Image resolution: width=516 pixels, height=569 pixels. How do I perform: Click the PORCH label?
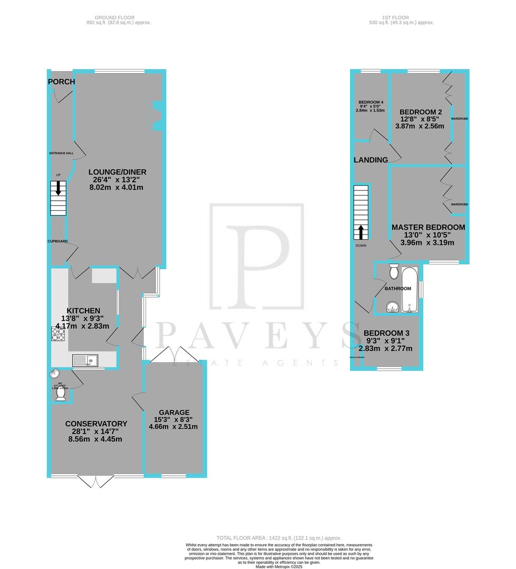(61, 82)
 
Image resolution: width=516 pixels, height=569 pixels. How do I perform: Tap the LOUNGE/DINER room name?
(117, 172)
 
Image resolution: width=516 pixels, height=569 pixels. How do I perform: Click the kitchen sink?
(86, 361)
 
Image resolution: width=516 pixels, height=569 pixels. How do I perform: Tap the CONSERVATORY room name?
(96, 424)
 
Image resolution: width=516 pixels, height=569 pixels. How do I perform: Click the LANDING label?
(371, 160)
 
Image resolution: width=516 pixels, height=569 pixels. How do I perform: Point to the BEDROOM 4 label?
(371, 102)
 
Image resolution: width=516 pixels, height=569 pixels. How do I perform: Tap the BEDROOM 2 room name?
(421, 112)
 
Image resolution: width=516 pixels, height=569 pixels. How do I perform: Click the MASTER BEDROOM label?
(428, 227)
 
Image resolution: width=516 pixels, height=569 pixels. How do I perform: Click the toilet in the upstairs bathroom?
(393, 272)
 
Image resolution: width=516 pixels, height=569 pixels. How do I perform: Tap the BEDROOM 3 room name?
(386, 333)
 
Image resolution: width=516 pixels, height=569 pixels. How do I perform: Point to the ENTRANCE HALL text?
(62, 153)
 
